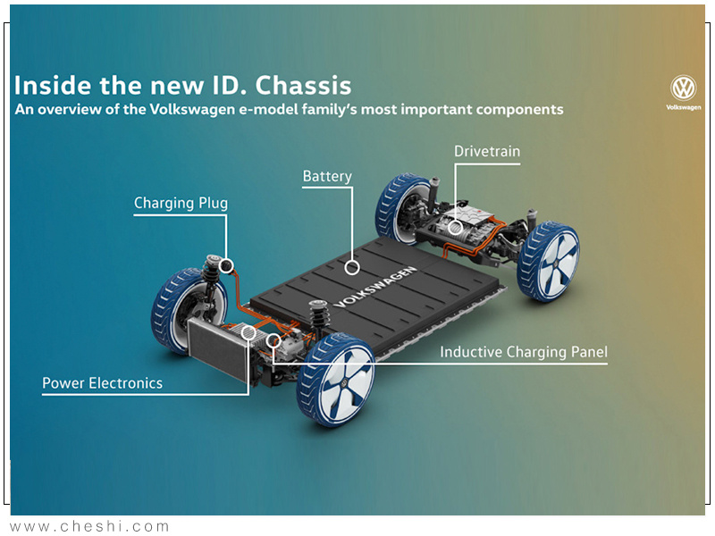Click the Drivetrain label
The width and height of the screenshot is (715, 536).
487,151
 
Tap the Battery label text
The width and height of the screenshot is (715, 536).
327,176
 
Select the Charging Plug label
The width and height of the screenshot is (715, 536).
181,204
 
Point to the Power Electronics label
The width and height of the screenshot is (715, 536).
102,383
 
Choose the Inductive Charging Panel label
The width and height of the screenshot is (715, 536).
524,352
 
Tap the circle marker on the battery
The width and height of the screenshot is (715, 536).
351,267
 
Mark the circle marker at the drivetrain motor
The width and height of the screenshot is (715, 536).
455,228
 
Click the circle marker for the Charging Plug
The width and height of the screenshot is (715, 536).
226,265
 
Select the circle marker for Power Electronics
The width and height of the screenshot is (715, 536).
248,332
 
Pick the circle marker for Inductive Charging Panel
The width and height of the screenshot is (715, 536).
273,340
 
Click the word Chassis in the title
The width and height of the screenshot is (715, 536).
303,85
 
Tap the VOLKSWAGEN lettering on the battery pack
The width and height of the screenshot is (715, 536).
375,287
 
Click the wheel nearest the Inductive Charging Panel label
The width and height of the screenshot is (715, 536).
336,380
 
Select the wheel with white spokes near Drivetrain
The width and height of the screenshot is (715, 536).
549,261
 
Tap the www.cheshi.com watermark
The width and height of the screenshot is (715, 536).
89,526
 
